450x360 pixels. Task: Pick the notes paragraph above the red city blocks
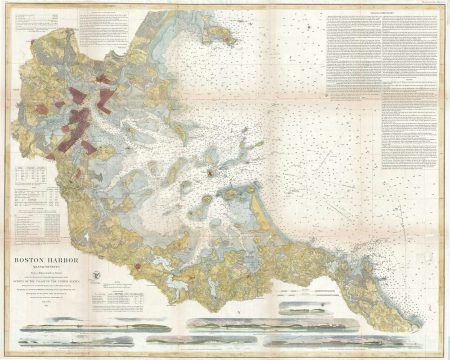[110, 30]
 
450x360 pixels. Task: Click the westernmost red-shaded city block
[62, 139]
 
